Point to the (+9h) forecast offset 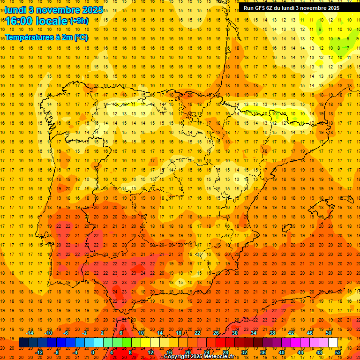[78, 21]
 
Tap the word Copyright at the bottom [178, 357]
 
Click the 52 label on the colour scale [338, 352]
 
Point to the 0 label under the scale [92, 352]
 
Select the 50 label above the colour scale [329, 333]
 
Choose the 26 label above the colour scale [216, 333]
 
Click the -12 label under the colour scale [39, 352]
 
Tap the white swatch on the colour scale [333, 343]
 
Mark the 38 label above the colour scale [272, 333]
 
